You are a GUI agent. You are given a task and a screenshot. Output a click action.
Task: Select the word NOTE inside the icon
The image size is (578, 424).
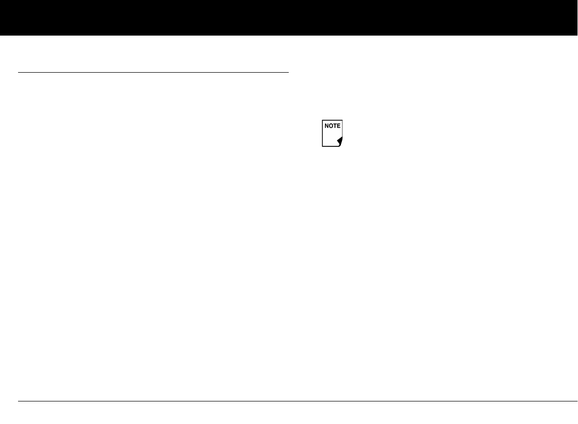(333, 126)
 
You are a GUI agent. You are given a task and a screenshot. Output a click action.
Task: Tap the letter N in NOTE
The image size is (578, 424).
(327, 126)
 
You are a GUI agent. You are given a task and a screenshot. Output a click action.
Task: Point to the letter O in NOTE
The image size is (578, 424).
(331, 126)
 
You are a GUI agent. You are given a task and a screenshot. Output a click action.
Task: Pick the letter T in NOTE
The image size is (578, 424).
(335, 126)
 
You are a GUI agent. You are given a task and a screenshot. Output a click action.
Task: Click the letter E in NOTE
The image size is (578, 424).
(339, 126)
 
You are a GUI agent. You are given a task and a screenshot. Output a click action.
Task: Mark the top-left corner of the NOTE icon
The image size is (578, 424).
(322, 120)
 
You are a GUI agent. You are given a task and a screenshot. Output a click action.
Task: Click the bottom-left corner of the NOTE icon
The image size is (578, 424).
(322, 146)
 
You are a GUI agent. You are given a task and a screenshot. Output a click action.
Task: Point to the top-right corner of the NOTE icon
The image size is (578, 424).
(343, 120)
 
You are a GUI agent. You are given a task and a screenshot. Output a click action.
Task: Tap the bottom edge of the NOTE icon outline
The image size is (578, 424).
(330, 146)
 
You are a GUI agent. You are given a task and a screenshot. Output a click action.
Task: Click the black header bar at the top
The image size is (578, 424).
(289, 18)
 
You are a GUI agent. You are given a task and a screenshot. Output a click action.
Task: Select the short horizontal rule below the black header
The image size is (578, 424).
(153, 73)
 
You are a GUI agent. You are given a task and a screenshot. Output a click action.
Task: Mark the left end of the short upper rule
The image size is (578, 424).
(19, 73)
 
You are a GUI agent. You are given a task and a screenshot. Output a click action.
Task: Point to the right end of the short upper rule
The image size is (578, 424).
(288, 73)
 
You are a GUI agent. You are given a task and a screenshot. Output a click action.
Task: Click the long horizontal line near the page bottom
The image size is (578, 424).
(298, 401)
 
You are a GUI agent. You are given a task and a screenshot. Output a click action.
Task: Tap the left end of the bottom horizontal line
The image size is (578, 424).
(19, 401)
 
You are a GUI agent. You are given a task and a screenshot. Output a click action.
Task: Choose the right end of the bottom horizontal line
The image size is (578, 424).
(576, 401)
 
